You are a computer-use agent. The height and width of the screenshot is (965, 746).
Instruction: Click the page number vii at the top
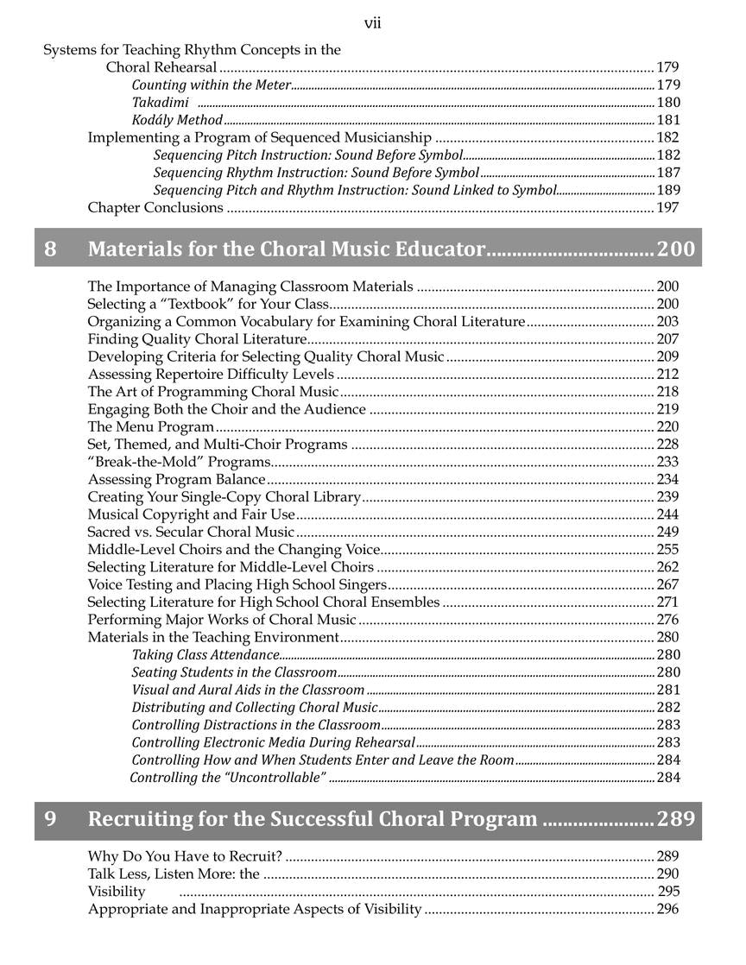click(372, 23)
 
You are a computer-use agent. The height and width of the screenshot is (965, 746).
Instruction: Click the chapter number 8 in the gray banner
click(50, 249)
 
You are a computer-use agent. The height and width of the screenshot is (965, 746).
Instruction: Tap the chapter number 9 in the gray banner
click(50, 818)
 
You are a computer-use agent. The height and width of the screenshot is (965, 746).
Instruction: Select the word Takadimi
click(160, 103)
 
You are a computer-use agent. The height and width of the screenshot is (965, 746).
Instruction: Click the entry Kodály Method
click(177, 120)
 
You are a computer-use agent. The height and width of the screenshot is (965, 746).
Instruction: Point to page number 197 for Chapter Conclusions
click(667, 207)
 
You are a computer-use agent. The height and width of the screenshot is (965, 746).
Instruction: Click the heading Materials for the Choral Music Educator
click(286, 249)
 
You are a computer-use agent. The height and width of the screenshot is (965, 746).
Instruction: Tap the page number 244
click(667, 514)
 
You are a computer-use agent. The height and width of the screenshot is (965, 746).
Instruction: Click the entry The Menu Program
click(150, 426)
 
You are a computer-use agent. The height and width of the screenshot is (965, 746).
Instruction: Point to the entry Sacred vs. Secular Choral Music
click(191, 532)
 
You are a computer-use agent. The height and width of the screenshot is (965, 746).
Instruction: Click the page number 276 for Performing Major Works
click(667, 620)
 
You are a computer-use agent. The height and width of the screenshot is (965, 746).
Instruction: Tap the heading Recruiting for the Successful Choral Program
click(313, 818)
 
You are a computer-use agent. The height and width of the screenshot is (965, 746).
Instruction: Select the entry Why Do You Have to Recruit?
click(185, 856)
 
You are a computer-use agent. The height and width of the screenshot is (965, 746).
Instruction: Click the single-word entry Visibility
click(117, 892)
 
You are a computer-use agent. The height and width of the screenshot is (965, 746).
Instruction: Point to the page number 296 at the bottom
click(667, 909)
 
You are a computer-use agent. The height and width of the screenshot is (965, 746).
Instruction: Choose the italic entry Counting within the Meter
click(212, 85)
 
